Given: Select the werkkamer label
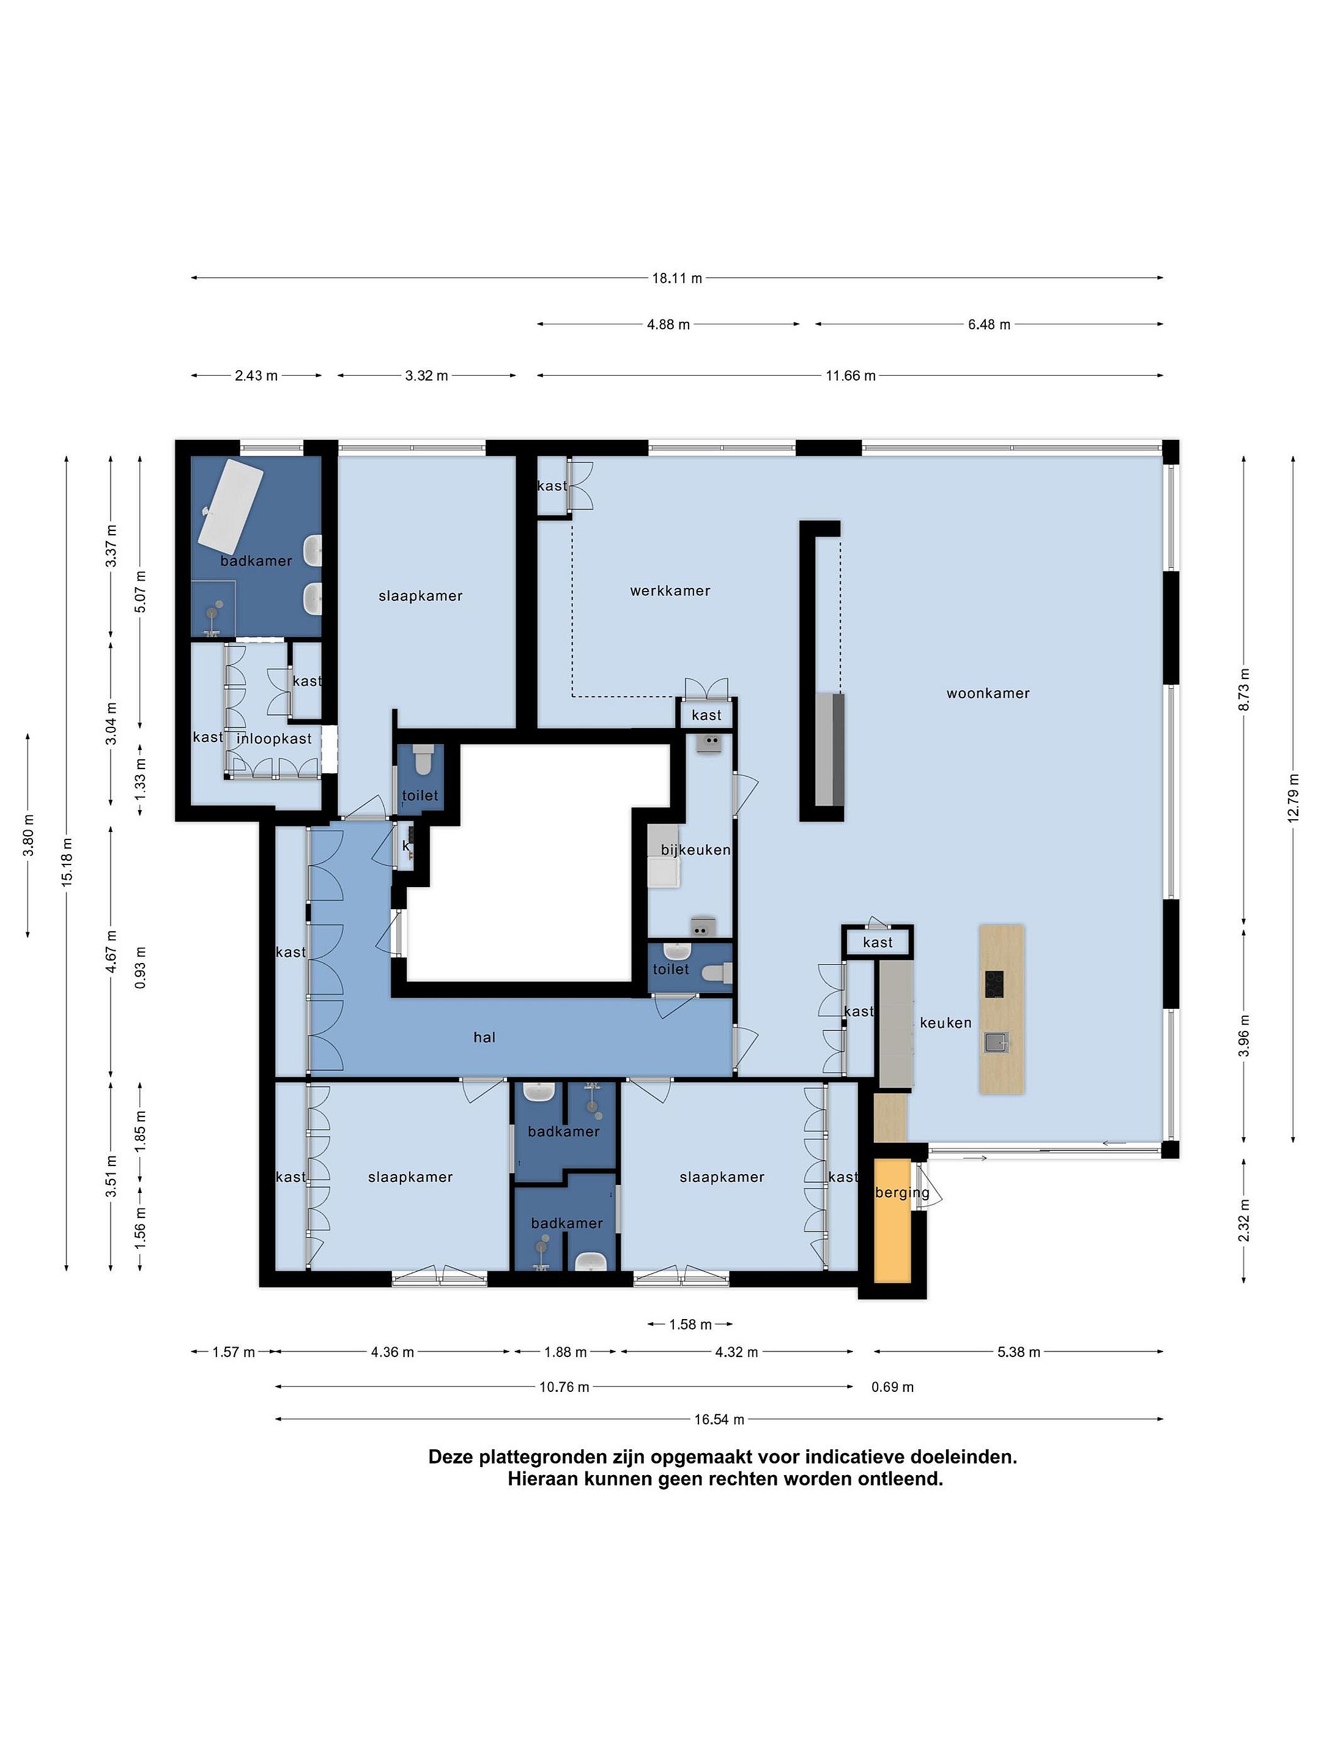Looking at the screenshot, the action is tap(670, 590).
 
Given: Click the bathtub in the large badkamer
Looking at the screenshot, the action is tap(231, 506).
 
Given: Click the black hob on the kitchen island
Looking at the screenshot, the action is tap(994, 984).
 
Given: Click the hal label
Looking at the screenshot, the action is tap(484, 1036).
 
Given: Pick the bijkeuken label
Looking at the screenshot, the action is tap(695, 850).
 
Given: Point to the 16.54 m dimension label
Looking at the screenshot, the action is tap(719, 1419).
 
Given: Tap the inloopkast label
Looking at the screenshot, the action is tap(274, 738).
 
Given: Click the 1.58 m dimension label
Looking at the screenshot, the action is tap(690, 1324).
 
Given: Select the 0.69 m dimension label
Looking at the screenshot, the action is tap(892, 1387).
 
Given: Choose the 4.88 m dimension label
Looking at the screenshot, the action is tap(668, 324).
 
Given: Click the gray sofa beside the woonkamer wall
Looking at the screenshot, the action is tap(830, 749).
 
